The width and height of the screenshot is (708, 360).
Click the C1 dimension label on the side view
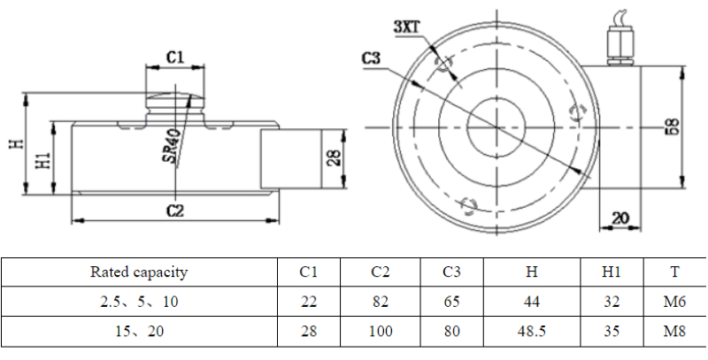click(175, 57)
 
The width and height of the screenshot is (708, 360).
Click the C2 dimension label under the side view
click(174, 210)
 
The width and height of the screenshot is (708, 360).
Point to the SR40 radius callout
click(174, 146)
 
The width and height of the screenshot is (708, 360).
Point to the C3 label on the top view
click(371, 59)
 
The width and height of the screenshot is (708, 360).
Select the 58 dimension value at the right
click(673, 127)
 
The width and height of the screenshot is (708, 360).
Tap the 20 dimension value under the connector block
click(619, 217)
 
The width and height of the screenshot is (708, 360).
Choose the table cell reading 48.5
click(531, 332)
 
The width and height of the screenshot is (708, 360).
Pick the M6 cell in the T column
click(676, 302)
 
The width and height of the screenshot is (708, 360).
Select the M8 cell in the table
click(676, 332)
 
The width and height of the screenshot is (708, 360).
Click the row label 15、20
click(139, 332)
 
